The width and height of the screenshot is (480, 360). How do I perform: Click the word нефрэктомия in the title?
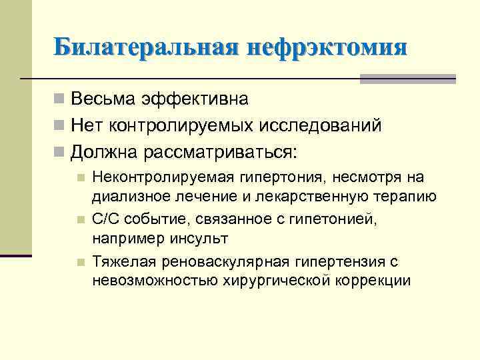(326, 48)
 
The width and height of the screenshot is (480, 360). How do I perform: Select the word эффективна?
(194, 99)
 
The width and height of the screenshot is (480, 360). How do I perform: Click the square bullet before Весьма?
(60, 100)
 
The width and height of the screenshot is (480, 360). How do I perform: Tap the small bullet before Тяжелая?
(80, 262)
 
